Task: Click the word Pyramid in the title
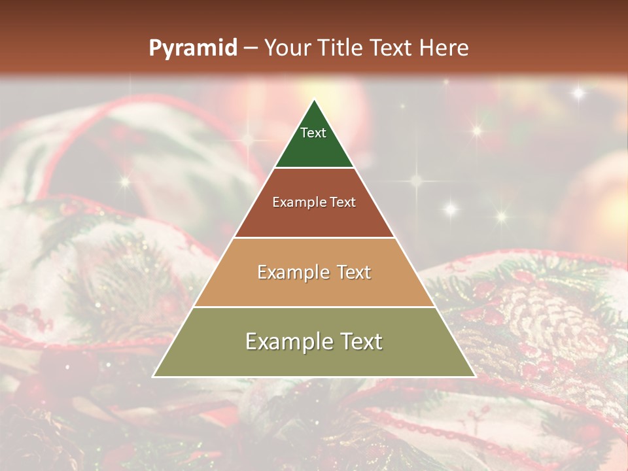click(x=192, y=48)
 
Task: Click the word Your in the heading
click(x=287, y=48)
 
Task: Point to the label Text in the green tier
click(x=313, y=133)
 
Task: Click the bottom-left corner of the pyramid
click(x=154, y=376)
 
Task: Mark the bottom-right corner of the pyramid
click(x=474, y=376)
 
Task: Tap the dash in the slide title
click(x=250, y=48)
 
